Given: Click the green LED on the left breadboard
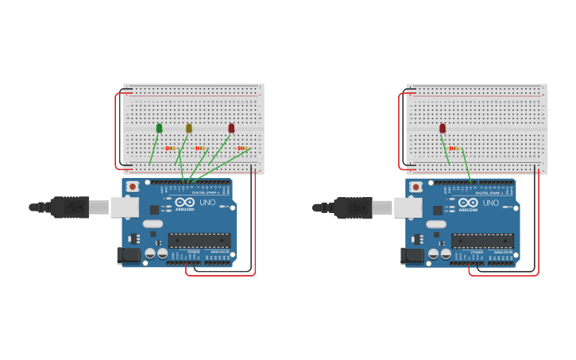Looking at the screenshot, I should point(159,128).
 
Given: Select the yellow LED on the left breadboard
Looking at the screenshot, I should point(189,128).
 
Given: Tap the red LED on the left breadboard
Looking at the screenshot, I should point(231,128).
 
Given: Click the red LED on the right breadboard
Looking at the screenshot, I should point(443,128).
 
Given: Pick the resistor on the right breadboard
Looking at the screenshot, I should point(454,148).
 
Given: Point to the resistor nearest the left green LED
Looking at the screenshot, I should point(169,148).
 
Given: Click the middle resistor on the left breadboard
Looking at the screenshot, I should point(200,148).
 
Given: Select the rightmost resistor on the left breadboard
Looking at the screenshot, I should point(242,148).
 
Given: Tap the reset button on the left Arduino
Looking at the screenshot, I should point(133,187).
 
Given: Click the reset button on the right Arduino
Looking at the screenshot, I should point(416,187).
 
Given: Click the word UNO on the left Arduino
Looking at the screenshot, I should point(207,203).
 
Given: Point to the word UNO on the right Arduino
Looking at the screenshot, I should point(490,203).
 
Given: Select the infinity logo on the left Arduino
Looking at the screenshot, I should point(185,203).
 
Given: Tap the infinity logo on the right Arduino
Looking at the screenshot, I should point(469,203).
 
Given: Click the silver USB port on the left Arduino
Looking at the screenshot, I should point(124,207).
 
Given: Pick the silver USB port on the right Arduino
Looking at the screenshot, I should point(408,207).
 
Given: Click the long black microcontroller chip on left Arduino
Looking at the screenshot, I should point(199,240).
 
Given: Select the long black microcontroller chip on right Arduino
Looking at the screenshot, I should point(482,240).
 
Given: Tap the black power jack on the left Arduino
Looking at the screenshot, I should point(129,255).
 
